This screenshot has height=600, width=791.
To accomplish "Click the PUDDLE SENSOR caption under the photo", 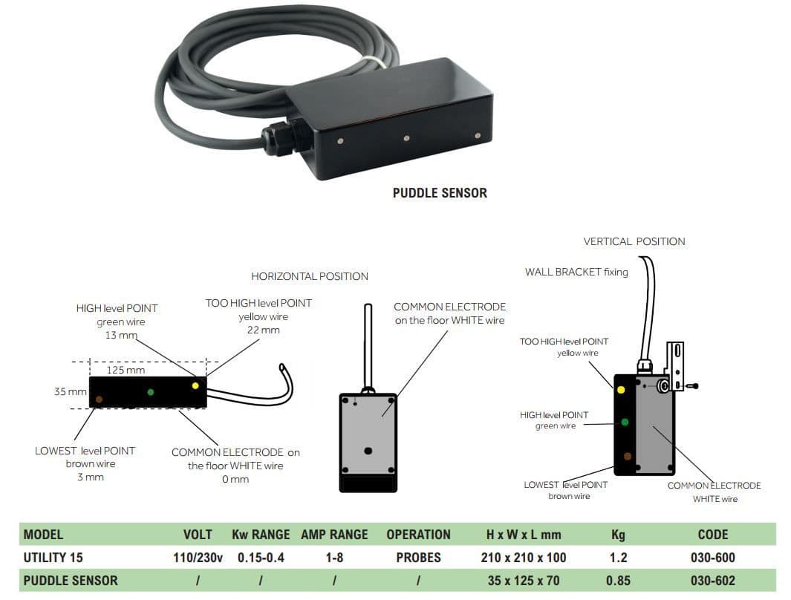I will [440, 193].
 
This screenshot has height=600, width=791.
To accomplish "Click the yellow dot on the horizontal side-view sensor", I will [195, 385].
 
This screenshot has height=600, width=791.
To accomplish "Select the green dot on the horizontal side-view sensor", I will [151, 391].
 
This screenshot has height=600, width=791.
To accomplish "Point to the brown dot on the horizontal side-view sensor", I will [99, 400].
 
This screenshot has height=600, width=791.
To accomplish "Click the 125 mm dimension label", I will [126, 370].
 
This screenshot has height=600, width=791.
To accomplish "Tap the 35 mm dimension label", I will [70, 391].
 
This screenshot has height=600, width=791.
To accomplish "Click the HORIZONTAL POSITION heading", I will [310, 276].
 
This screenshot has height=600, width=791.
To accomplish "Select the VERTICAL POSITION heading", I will [634, 241].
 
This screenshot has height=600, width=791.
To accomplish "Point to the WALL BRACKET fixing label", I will [576, 272].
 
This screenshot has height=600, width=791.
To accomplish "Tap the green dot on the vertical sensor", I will [624, 422].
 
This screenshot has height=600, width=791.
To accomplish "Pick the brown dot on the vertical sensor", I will [628, 456].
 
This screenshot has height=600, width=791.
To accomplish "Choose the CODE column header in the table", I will [712, 535].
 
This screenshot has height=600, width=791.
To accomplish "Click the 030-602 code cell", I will [712, 581].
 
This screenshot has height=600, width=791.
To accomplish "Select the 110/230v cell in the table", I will [198, 558].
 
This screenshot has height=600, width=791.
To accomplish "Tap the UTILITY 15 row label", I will [53, 558].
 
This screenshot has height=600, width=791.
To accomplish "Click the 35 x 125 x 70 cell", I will [524, 581].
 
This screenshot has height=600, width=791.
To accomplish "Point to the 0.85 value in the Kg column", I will [618, 581].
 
